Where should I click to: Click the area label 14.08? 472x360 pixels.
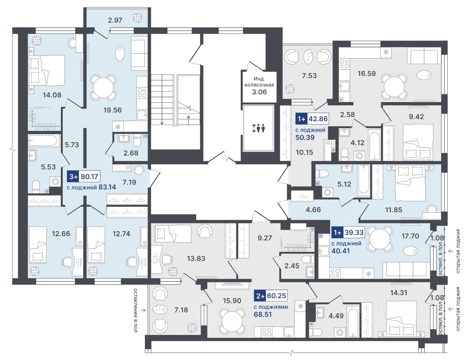coord(52,95)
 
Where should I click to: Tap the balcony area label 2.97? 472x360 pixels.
coord(115,20)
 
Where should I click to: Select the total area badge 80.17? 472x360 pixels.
coord(90,176)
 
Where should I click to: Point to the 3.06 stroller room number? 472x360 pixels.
coord(259,92)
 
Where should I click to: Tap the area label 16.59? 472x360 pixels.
coord(367,73)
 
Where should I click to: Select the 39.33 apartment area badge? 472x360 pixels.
coord(354,233)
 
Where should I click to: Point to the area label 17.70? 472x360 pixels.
coord(410,236)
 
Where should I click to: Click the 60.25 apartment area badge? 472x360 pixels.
coord(277,296)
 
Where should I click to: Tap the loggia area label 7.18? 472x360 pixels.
coord(181,310)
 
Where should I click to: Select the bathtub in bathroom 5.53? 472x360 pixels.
coord(44,141)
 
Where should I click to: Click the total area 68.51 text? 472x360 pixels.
coord(263,315)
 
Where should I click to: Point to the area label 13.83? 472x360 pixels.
coord(196,259)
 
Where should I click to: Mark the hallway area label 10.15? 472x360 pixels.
coord(304,152)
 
